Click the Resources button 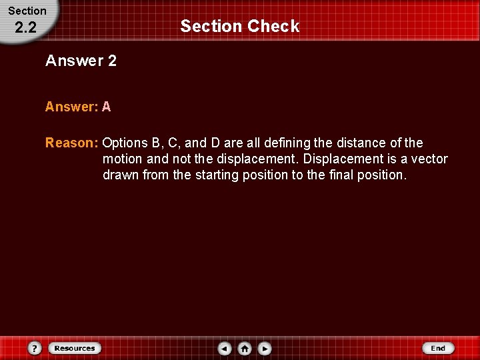[x=75, y=348]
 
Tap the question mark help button [x=35, y=348]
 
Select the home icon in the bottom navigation [x=245, y=348]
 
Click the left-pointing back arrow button [x=225, y=348]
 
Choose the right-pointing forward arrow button [x=265, y=348]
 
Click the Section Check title [x=240, y=27]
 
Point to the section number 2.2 [x=26, y=27]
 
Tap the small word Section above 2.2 [x=27, y=11]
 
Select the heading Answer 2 [x=81, y=61]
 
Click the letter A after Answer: [x=107, y=107]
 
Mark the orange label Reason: [x=72, y=143]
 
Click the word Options [x=125, y=143]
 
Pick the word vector [x=429, y=159]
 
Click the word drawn [x=121, y=175]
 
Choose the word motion [x=123, y=159]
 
